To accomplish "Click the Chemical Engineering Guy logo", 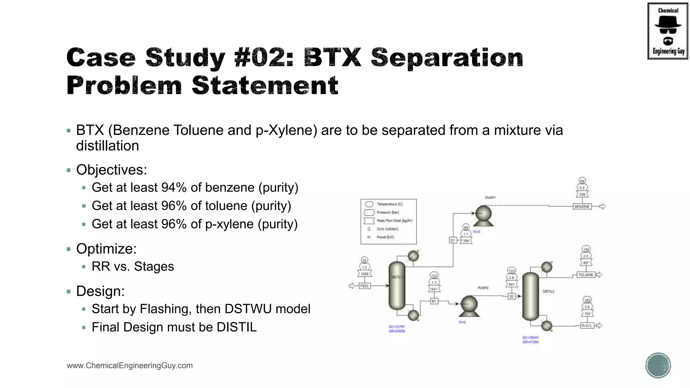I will [x=667, y=31].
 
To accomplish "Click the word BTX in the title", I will [x=332, y=57].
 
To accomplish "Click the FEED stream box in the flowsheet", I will [x=365, y=286].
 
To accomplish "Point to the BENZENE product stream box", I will [x=582, y=206].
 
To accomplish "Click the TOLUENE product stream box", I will [x=586, y=275].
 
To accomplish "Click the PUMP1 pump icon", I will [x=483, y=216].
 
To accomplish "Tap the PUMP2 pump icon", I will [x=469, y=305].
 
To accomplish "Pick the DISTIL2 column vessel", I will [x=530, y=296].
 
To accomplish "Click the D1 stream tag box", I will [x=453, y=240].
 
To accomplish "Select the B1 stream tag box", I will [x=434, y=301].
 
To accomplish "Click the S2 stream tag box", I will [x=511, y=296].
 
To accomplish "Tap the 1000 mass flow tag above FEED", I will [x=365, y=274].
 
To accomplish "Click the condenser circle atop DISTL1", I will [x=413, y=256].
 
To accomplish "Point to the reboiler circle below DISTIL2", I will [x=546, y=326].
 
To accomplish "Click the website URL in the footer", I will [x=130, y=365].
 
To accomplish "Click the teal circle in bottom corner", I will [x=658, y=365].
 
